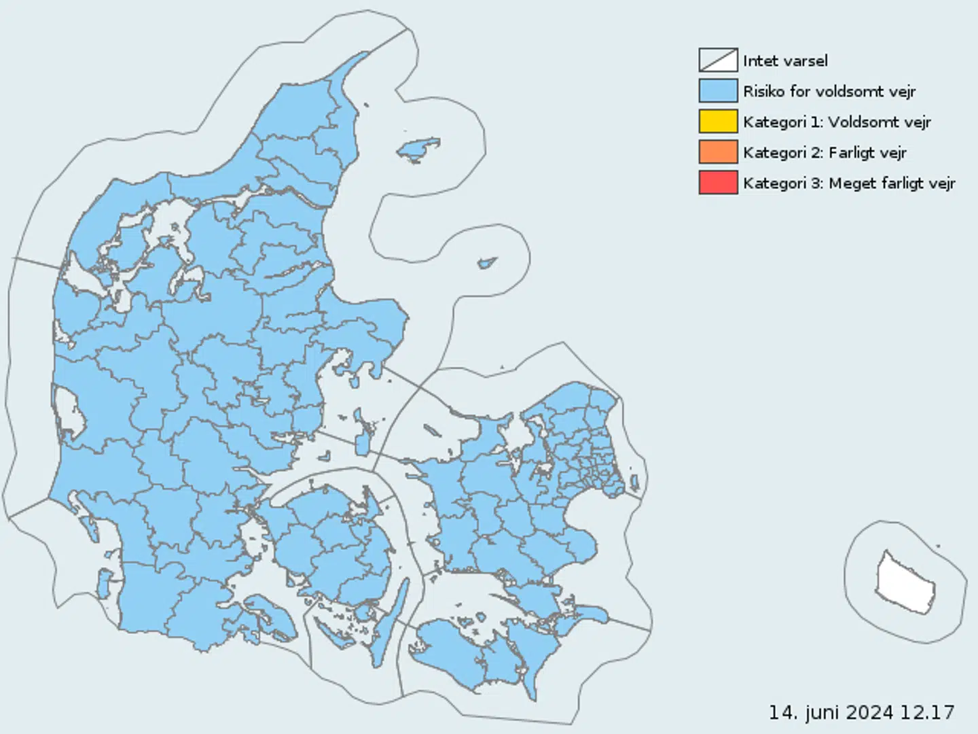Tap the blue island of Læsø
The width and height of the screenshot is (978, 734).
click(418, 149)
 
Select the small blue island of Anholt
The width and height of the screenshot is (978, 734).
click(487, 262)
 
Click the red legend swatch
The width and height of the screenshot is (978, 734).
click(718, 182)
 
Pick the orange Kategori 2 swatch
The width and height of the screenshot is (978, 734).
click(718, 152)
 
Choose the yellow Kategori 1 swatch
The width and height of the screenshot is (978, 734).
click(718, 121)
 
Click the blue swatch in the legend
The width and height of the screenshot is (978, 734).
click(718, 90)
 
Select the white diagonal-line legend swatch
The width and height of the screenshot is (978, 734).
click(718, 60)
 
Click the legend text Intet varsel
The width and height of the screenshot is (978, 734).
click(785, 60)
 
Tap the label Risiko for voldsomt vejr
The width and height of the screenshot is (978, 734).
click(829, 91)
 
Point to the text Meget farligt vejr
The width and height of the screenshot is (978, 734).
click(892, 183)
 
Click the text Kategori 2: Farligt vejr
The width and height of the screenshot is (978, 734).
click(825, 152)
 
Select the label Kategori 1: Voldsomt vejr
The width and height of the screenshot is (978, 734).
click(837, 122)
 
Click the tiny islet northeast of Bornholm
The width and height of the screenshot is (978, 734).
click(938, 545)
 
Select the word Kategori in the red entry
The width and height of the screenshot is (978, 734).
click(774, 183)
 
